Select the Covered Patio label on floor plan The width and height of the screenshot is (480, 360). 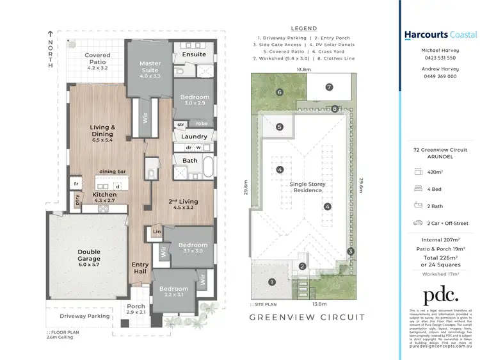point(98,60)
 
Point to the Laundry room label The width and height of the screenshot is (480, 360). point(194,136)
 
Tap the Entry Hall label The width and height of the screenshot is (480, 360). point(140,268)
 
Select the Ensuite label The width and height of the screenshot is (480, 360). point(194,55)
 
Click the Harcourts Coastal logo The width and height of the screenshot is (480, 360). point(440,35)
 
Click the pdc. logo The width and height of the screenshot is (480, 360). point(440,295)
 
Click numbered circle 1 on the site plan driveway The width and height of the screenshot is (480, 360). point(271,282)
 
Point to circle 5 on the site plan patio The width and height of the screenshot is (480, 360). point(280,127)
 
